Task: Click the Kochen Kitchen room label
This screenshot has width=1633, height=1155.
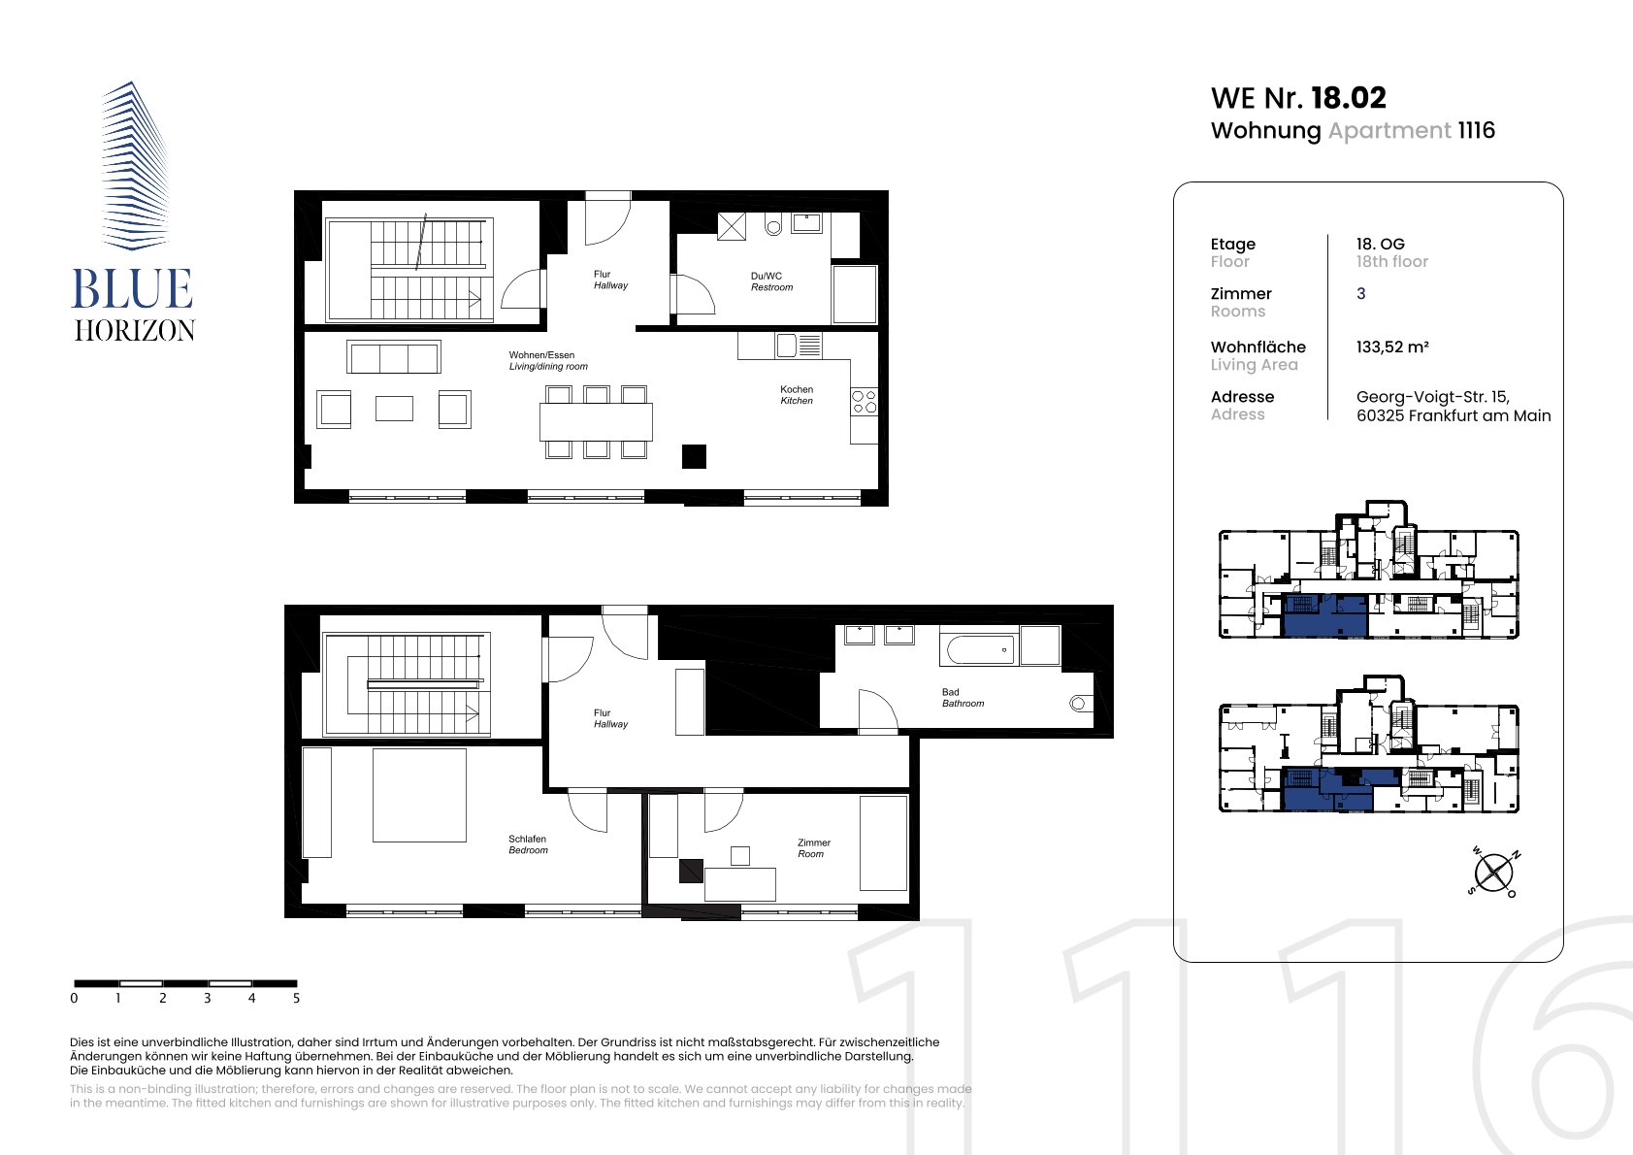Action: pos(796,394)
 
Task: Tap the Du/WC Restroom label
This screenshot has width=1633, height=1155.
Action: pos(771,281)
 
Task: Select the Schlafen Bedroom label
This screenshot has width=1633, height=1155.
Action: pos(528,844)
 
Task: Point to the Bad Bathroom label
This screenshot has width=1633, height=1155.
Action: pos(963,698)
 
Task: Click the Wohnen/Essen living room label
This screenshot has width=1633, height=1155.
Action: pos(548,360)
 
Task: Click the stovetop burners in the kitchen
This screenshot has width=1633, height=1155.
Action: pos(864,402)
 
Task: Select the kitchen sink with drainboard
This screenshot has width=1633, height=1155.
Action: pos(799,345)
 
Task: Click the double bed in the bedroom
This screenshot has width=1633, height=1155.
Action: pos(419,795)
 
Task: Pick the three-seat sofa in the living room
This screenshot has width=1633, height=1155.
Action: pos(394,357)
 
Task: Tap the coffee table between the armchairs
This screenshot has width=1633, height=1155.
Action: pos(394,409)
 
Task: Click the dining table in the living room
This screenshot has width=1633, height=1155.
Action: pos(596,421)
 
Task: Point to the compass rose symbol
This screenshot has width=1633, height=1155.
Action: pos(1493,873)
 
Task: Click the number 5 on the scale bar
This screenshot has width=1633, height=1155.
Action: pos(296,998)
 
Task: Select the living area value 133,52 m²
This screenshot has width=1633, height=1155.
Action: pos(1391,347)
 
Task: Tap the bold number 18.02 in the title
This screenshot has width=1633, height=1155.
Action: pos(1349,98)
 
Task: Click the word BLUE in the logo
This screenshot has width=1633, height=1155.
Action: pos(132,289)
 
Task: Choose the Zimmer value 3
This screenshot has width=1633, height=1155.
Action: pos(1360,294)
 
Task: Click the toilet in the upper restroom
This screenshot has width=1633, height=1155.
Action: pos(772,224)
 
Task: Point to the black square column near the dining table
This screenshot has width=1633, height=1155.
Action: pos(694,456)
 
